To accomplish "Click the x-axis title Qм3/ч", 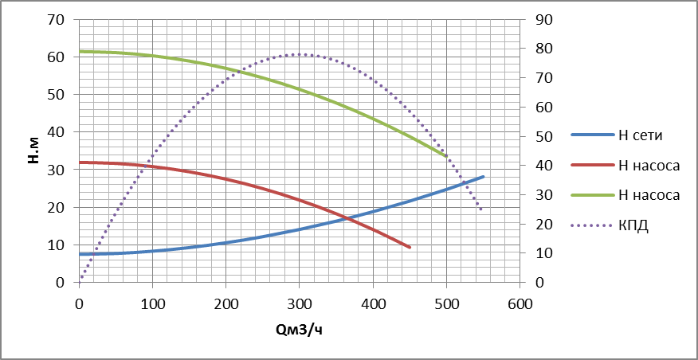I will pyautogui.click(x=300, y=328).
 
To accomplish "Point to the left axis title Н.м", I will pyautogui.click(x=33, y=151).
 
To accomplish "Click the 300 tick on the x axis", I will pyautogui.click(x=300, y=303).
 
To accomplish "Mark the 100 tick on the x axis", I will pyautogui.click(x=153, y=303).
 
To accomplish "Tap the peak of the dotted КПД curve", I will pyautogui.click(x=300, y=55).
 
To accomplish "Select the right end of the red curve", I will pyautogui.click(x=410, y=247).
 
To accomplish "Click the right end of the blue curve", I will pyautogui.click(x=483, y=177).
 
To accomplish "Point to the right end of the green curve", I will pyautogui.click(x=446, y=156).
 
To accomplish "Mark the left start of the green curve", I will pyautogui.click(x=80, y=52).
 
